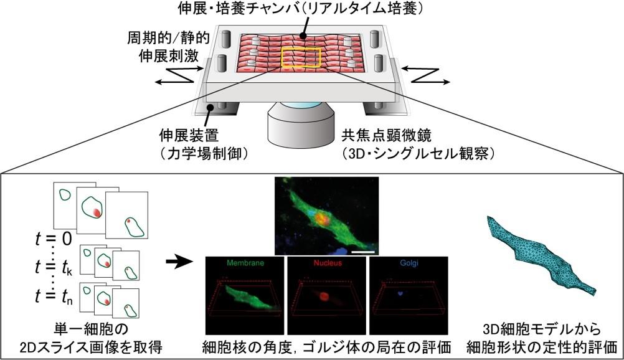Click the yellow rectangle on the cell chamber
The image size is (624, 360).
coord(301,57)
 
